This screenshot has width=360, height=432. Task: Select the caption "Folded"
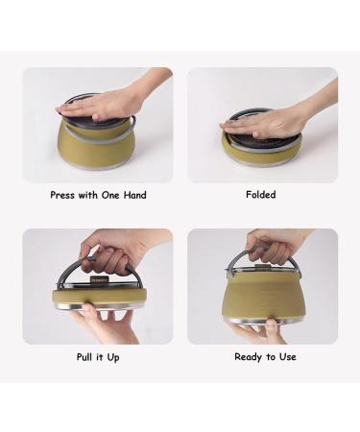[x=260, y=195]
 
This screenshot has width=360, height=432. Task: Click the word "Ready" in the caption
[x=250, y=357]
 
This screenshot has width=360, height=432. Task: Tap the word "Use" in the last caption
[x=287, y=357]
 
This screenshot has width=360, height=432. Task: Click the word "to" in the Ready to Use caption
[x=271, y=357]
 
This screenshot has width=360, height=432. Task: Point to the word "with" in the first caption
[x=86, y=195]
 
